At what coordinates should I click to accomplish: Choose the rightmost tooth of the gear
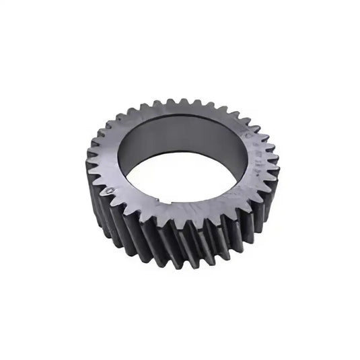[x=272, y=165]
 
